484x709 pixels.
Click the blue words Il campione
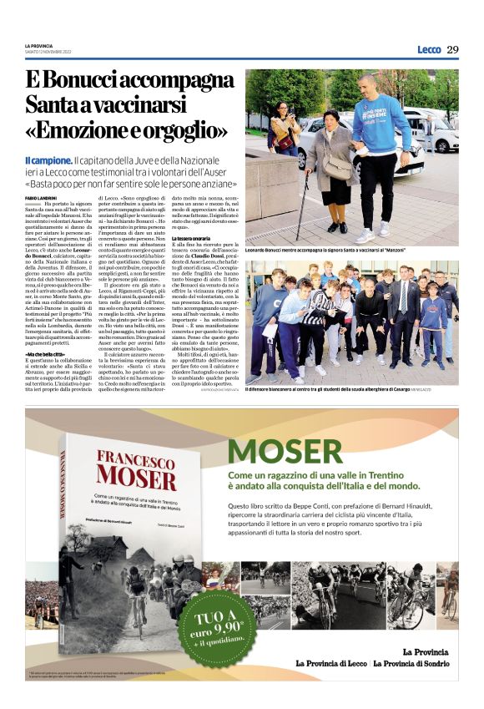(x=71, y=160)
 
